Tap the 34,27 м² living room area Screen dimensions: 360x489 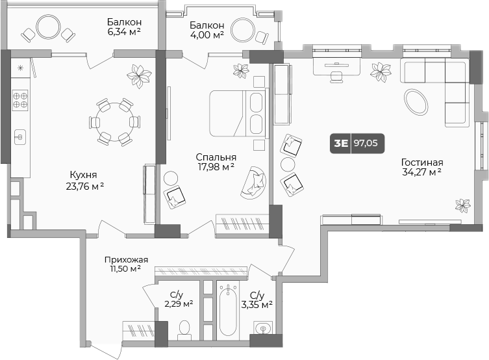421,172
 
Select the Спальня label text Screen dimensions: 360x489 216,157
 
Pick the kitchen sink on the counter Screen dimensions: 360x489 19,136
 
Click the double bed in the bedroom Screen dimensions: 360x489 237,113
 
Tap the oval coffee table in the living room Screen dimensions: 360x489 416,101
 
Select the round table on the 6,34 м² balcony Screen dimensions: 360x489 48,27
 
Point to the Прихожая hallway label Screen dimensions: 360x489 126,260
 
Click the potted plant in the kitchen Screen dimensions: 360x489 138,75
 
